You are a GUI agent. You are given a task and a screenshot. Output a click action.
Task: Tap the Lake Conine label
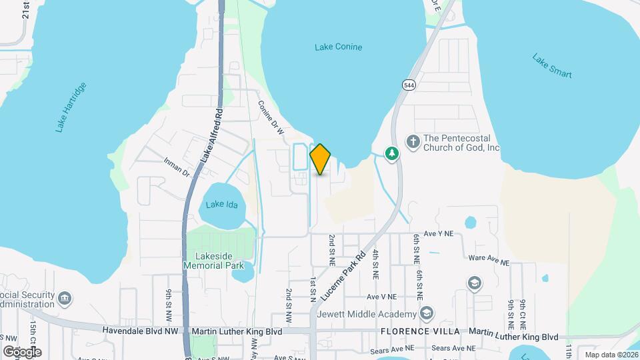[x=338, y=47]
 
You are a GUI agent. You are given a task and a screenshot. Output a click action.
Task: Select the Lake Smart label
[x=552, y=65]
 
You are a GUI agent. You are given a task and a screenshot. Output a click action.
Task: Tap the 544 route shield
[x=409, y=84]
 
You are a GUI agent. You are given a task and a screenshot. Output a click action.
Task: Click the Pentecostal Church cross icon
[x=413, y=141]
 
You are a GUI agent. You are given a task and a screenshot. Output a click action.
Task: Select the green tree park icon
[x=393, y=153]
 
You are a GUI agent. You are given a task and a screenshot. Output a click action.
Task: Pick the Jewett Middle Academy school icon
[x=427, y=313]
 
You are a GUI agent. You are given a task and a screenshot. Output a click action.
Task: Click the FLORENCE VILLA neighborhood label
[x=421, y=331]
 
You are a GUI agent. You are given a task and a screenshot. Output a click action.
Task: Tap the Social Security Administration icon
[x=65, y=297]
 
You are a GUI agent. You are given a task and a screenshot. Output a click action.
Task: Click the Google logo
[x=22, y=351]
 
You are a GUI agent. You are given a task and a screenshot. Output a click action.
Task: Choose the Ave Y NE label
[x=438, y=234]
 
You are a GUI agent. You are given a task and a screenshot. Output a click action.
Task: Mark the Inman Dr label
[x=177, y=167]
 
